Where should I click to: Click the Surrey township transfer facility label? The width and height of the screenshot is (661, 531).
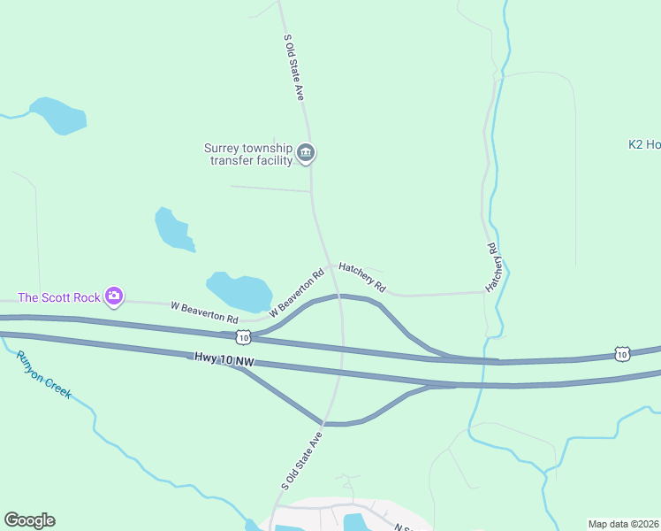248,154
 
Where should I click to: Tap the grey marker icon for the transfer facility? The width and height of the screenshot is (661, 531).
306,154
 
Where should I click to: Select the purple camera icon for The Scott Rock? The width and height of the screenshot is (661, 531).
113,296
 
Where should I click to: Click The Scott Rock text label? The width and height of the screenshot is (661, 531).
59,297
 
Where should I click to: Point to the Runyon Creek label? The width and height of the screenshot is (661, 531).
43,375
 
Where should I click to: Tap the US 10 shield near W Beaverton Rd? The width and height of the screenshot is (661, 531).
243,336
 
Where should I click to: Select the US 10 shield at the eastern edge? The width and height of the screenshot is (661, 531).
622,354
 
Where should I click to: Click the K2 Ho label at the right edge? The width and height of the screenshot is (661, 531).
644,144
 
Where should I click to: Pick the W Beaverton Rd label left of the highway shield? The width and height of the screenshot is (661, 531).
204,312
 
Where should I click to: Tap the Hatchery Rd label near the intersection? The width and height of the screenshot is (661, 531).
362,276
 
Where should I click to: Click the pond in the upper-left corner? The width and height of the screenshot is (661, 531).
58,116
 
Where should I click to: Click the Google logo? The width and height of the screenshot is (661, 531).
29,520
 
